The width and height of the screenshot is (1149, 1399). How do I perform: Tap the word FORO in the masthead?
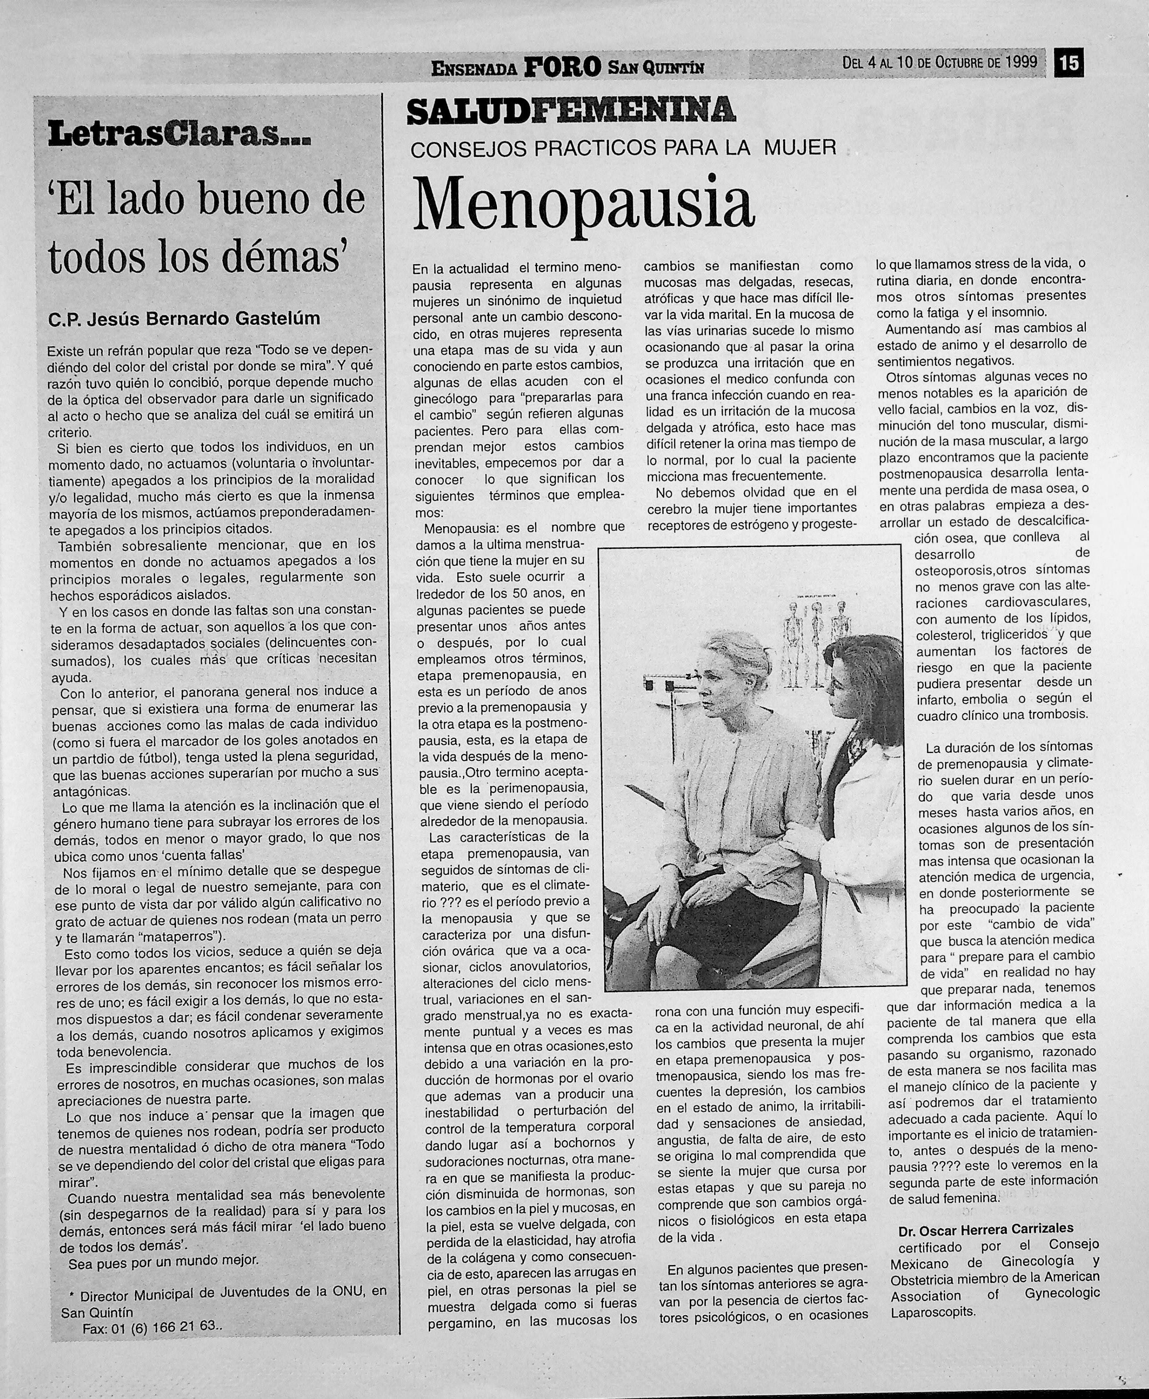click(x=562, y=66)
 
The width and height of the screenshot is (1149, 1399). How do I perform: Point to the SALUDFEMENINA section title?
click(x=570, y=110)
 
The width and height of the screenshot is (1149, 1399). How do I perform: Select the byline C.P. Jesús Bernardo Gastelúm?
click(x=184, y=319)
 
